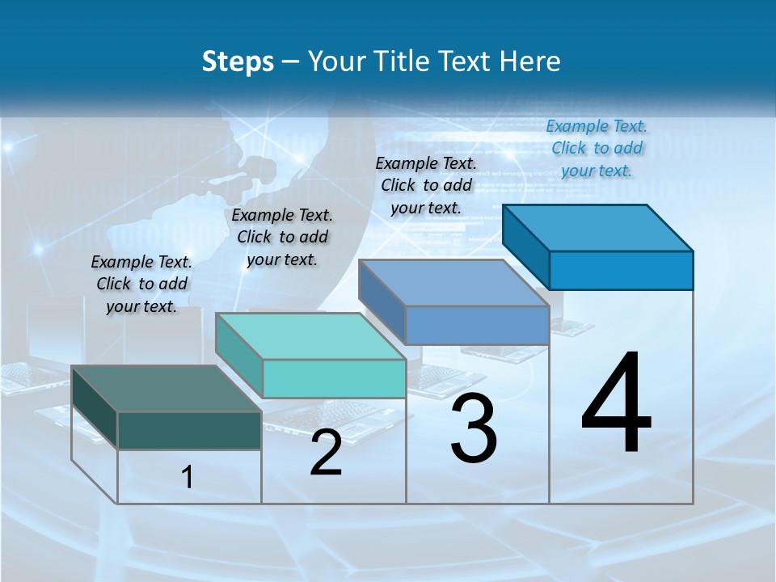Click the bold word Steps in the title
tap(237, 61)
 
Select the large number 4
tap(617, 404)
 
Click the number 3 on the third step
tap(474, 428)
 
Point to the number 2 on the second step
tap(327, 453)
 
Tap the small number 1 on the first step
tap(187, 478)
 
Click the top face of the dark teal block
tap(166, 389)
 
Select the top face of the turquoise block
tap(310, 336)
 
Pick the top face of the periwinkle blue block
tap(453, 283)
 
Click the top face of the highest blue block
tap(597, 228)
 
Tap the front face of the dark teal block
tap(189, 431)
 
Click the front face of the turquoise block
tap(334, 378)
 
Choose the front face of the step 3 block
tap(477, 325)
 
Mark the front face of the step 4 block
tap(621, 270)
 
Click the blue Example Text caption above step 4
tap(597, 148)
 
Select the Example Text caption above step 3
tap(426, 185)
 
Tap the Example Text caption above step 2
tap(282, 237)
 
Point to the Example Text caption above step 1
tap(141, 284)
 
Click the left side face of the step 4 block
tap(525, 247)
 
